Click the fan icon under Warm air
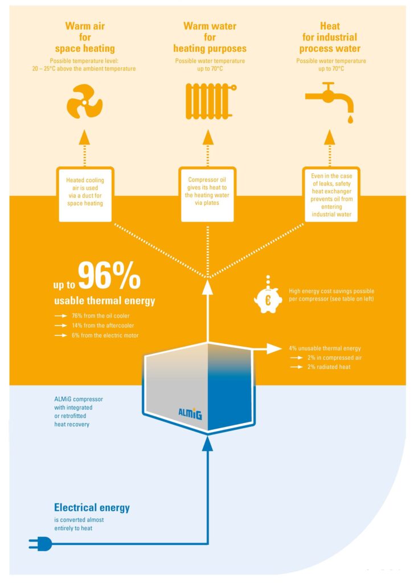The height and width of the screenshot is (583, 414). click(x=84, y=102)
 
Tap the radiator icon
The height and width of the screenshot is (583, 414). click(x=211, y=101)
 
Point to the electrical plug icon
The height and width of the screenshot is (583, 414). click(x=40, y=544)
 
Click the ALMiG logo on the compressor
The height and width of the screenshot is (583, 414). click(x=190, y=413)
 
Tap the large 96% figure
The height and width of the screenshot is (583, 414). click(x=109, y=276)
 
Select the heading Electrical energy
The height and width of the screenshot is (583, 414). click(x=92, y=507)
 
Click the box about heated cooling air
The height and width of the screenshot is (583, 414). click(x=85, y=195)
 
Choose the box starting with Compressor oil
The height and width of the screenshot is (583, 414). click(x=207, y=195)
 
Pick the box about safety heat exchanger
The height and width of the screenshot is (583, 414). click(x=331, y=195)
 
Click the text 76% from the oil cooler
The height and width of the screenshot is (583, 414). click(x=100, y=315)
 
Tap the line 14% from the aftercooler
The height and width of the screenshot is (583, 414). click(x=103, y=325)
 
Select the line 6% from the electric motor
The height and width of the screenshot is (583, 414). click(x=105, y=335)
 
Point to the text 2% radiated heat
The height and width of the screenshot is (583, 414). click(x=329, y=367)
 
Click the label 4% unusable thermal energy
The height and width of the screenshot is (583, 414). click(x=325, y=348)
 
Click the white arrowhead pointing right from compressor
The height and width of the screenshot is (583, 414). click(x=274, y=348)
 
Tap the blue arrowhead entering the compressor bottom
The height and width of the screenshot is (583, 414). click(x=207, y=444)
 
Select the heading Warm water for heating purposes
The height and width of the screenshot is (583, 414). click(x=210, y=37)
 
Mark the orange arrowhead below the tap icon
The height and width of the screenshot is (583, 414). click(x=330, y=137)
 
